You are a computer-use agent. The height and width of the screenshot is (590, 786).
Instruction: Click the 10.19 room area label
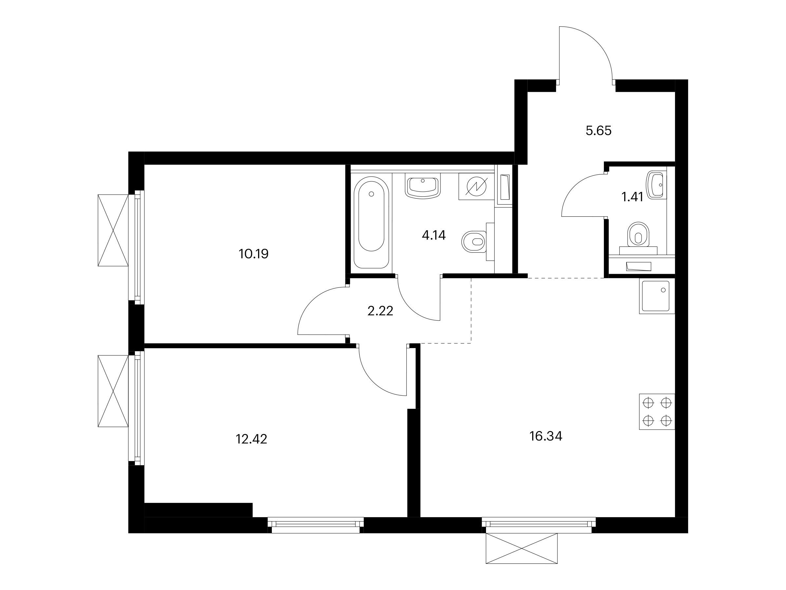[x=254, y=254]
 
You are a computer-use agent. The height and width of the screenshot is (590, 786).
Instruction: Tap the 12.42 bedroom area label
[x=251, y=439]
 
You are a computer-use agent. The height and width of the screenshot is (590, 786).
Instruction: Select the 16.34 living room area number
[x=546, y=436]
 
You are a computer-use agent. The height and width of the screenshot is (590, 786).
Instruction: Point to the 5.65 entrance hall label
[x=599, y=131]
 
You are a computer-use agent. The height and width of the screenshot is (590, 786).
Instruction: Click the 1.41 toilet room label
[x=632, y=197]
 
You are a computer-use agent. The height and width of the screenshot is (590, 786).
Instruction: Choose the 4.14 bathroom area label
[x=434, y=235]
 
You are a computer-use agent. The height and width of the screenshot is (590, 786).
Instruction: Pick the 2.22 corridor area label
[x=380, y=311]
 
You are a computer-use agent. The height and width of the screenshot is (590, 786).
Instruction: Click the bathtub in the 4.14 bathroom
[x=371, y=222]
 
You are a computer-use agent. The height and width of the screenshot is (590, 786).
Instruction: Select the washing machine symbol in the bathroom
[x=476, y=187]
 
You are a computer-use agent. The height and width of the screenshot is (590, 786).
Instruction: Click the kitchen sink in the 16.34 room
[x=657, y=296]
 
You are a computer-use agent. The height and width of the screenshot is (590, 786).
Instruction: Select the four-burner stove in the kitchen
[x=657, y=412]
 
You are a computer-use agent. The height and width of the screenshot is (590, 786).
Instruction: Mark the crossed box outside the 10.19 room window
[x=113, y=230]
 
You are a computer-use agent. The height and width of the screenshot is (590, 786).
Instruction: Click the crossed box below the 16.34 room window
[x=522, y=548]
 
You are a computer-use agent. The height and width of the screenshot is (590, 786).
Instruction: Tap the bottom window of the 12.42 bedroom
[x=315, y=525]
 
